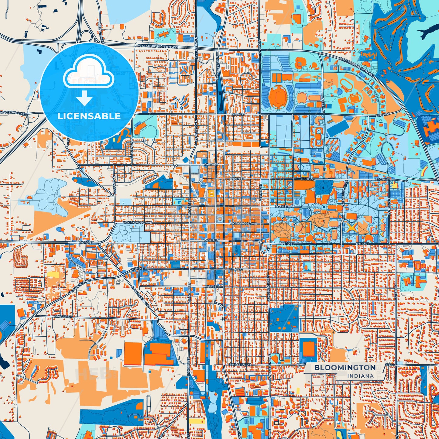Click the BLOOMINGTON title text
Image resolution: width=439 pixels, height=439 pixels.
click(345, 368)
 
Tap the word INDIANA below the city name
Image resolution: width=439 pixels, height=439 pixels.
click(360, 376)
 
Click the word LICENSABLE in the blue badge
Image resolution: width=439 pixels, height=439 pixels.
click(89, 116)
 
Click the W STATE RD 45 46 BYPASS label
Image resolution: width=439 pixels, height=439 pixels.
click(158, 46)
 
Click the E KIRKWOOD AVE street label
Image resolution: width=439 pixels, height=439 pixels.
click(243, 224)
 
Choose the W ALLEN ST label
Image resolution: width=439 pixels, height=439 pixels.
click(63, 317)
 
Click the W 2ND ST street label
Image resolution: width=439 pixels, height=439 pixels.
click(136, 269)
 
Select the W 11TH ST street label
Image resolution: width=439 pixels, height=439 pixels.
click(211, 164)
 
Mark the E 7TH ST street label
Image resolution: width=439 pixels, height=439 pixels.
click(281, 207)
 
